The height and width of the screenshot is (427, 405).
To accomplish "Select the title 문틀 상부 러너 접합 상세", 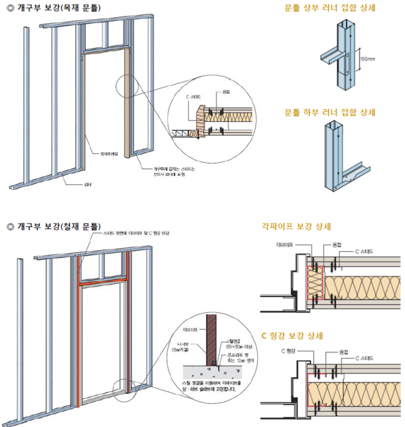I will (x=330, y=8).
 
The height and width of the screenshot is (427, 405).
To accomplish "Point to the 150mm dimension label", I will (x=368, y=58).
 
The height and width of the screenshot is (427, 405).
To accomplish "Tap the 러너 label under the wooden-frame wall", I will (x=88, y=184).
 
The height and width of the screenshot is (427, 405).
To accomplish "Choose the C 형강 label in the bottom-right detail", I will (x=290, y=351).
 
